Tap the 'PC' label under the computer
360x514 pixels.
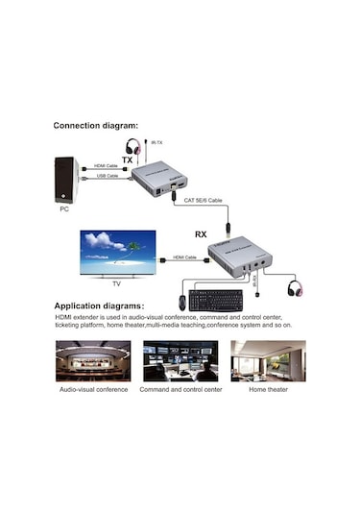point(64,208)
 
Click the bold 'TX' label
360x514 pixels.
point(127,160)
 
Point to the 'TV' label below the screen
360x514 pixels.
point(115,282)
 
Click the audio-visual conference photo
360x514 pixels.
point(93,361)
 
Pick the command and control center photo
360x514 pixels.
point(180,361)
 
